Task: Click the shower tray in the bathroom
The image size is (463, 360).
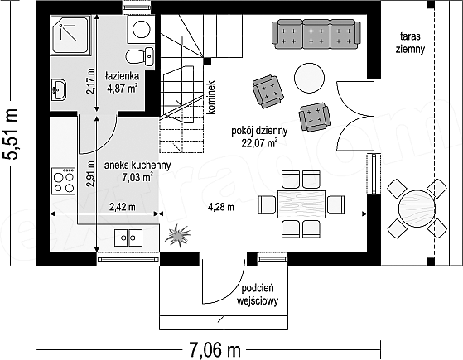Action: [x=70, y=36]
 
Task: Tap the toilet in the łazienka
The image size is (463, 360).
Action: [x=140, y=56]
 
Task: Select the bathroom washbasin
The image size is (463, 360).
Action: [x=59, y=89]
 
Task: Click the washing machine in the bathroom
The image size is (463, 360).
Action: [x=141, y=29]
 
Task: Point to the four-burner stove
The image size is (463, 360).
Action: [x=63, y=181]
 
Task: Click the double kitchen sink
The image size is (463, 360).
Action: [x=128, y=238]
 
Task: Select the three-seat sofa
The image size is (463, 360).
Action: [x=316, y=34]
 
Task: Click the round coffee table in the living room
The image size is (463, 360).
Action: [x=309, y=78]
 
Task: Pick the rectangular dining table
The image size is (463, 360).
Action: [x=301, y=204]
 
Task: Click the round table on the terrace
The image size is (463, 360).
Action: [x=417, y=209]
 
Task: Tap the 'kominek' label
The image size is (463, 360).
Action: [x=212, y=98]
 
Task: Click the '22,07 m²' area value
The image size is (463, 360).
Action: [x=259, y=143]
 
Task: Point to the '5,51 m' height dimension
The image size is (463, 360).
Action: [x=11, y=134]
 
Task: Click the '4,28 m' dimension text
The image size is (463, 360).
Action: [x=221, y=207]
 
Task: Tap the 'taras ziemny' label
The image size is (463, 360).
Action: [x=410, y=43]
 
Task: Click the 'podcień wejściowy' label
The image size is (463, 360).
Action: [x=258, y=295]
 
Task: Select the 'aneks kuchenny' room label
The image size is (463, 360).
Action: [x=137, y=166]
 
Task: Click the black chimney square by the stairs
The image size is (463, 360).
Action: [x=208, y=61]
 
